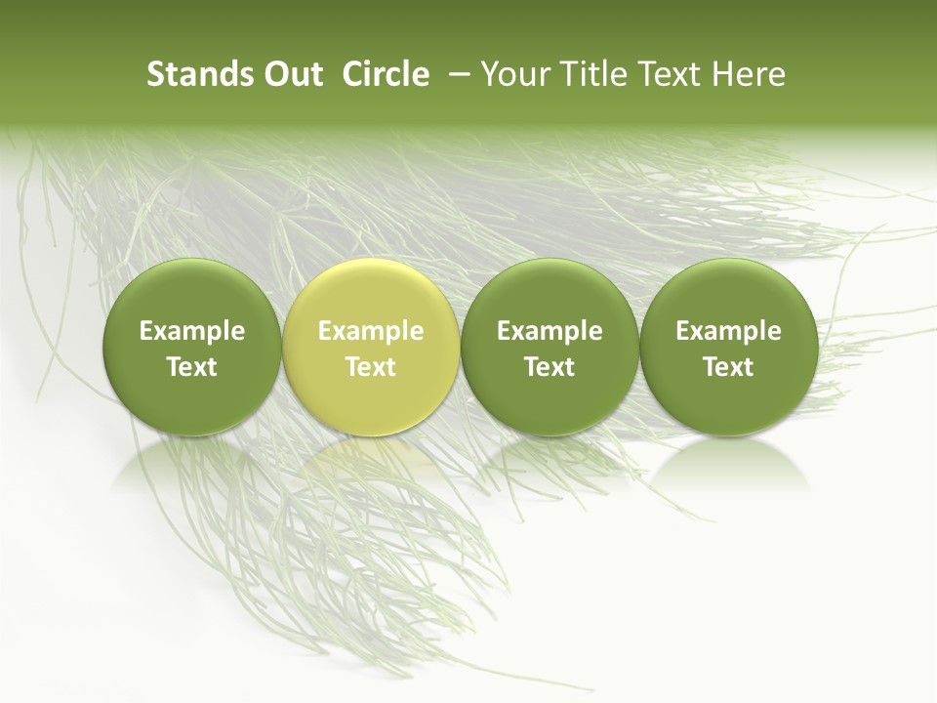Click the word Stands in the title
197,75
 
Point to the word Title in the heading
593,75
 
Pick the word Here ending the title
749,75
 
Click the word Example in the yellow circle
371,332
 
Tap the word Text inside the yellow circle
371,367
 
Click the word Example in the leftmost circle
192,332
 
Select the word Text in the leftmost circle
192,367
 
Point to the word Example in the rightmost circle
728,332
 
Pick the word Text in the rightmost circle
728,367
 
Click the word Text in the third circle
550,367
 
